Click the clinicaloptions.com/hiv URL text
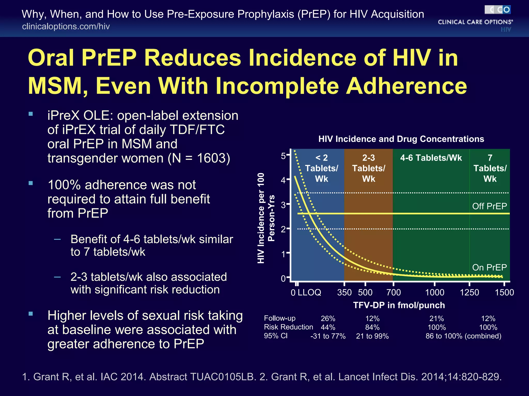pyautogui.click(x=66, y=26)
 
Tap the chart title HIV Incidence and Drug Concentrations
pyautogui.click(x=401, y=139)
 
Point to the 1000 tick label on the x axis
pyautogui.click(x=434, y=292)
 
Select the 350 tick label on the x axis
pyautogui.click(x=344, y=292)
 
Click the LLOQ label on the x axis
pyautogui.click(x=309, y=292)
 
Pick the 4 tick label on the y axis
pyautogui.click(x=283, y=180)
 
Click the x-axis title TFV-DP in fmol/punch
pyautogui.click(x=399, y=305)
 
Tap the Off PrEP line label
pyautogui.click(x=489, y=206)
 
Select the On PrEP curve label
pyautogui.click(x=489, y=267)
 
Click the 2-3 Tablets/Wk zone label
pyautogui.click(x=368, y=168)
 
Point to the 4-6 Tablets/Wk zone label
pyautogui.click(x=431, y=158)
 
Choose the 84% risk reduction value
pyautogui.click(x=372, y=327)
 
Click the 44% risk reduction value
pyautogui.click(x=328, y=327)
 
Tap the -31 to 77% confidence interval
pyautogui.click(x=328, y=336)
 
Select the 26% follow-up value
pyautogui.click(x=328, y=319)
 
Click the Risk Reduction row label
pyautogui.click(x=288, y=327)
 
